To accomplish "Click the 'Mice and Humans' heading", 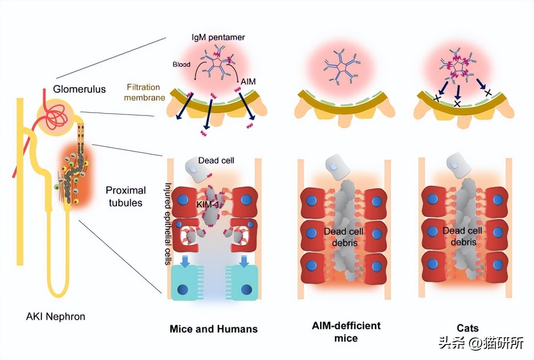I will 214,329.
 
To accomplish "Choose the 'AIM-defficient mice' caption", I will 346,331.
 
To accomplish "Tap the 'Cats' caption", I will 468,328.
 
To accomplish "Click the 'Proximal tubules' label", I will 126,196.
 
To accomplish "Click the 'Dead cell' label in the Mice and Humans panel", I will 216,160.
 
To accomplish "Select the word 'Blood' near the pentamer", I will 181,64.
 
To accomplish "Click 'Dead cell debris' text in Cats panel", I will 462,237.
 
